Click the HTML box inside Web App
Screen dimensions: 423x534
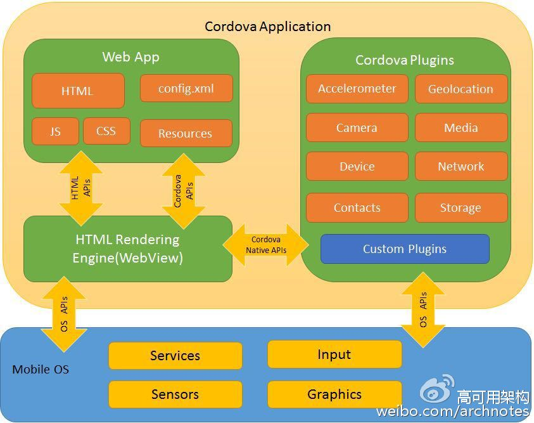pyautogui.click(x=78, y=91)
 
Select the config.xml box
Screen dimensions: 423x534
pyautogui.click(x=186, y=88)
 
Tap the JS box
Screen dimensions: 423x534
pyautogui.click(x=55, y=131)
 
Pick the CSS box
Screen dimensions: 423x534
pyautogui.click(x=106, y=131)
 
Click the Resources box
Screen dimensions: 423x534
pyautogui.click(x=186, y=133)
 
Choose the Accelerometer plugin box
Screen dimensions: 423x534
pyautogui.click(x=357, y=89)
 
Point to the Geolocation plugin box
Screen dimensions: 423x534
pyautogui.click(x=461, y=89)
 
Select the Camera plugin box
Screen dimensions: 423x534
pyautogui.click(x=357, y=127)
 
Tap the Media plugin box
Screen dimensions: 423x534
pyautogui.click(x=461, y=127)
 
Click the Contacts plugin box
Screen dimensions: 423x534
pyautogui.click(x=357, y=207)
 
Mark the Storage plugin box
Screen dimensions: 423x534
pyautogui.click(x=461, y=207)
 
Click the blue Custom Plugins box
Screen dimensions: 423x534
pyautogui.click(x=405, y=249)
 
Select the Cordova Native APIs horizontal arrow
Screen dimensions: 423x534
pyautogui.click(x=266, y=245)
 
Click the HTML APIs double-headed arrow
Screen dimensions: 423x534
pyautogui.click(x=80, y=188)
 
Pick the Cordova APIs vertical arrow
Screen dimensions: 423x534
pyautogui.click(x=182, y=190)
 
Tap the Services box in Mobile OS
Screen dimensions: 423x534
pyautogui.click(x=175, y=356)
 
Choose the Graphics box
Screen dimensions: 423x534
pyautogui.click(x=334, y=394)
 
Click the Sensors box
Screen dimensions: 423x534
pyautogui.click(x=175, y=394)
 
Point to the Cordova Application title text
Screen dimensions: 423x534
pyautogui.click(x=267, y=27)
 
